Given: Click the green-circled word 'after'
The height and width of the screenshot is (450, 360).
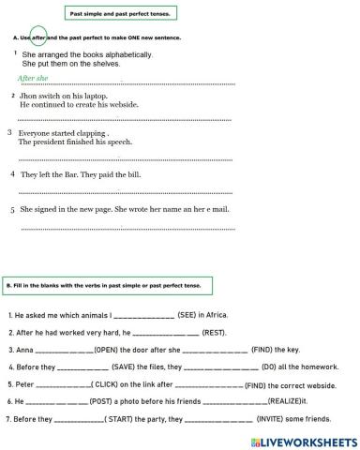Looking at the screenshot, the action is pos(39,37).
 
